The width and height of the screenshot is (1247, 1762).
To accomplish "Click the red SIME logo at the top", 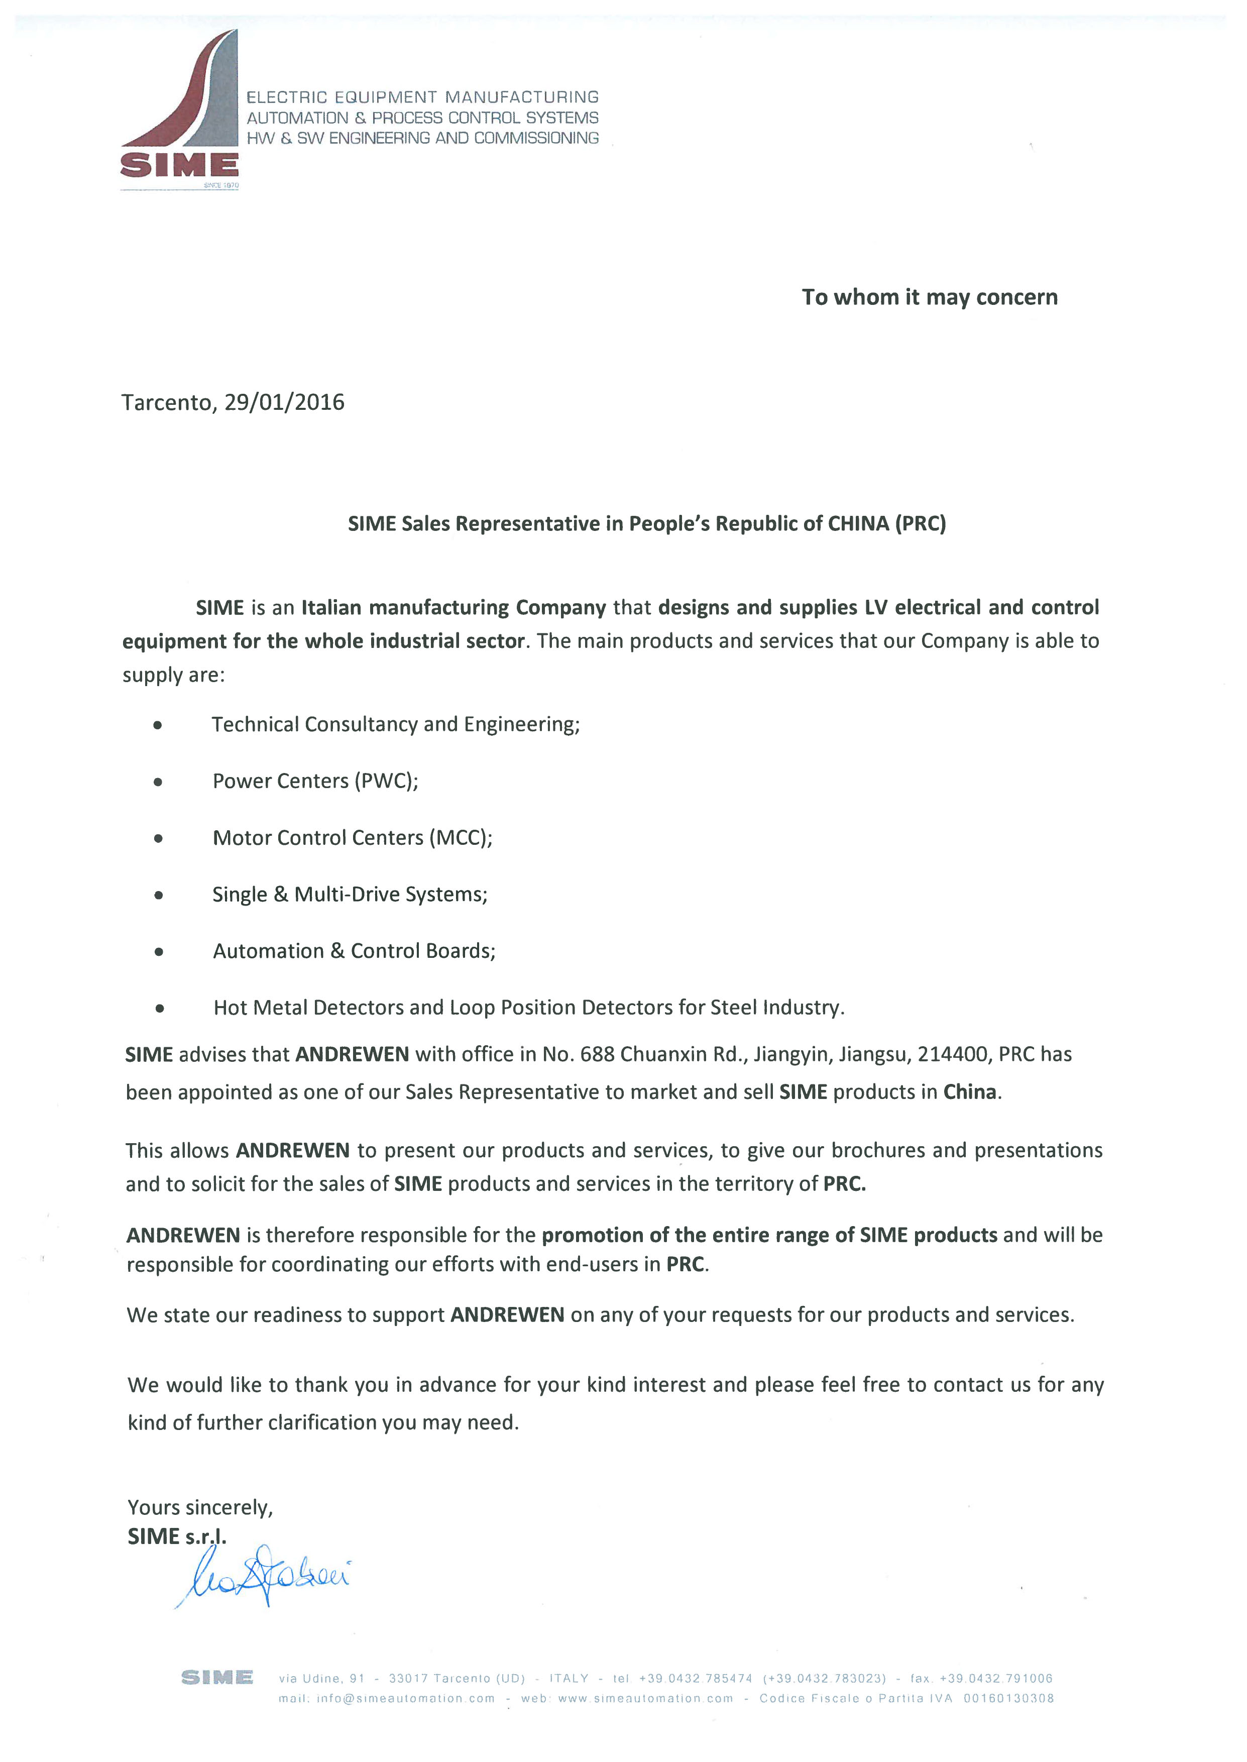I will click(180, 107).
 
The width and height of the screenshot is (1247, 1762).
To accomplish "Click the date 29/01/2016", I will click(284, 402).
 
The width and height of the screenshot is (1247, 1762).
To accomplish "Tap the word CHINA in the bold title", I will click(858, 523).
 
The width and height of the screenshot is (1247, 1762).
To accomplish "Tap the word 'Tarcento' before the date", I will click(166, 402).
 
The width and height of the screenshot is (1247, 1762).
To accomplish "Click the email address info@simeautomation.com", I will click(405, 1698).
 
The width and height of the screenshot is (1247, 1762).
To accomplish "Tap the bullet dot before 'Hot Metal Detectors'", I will click(159, 1008).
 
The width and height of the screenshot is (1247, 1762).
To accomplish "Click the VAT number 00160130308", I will click(1008, 1698).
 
